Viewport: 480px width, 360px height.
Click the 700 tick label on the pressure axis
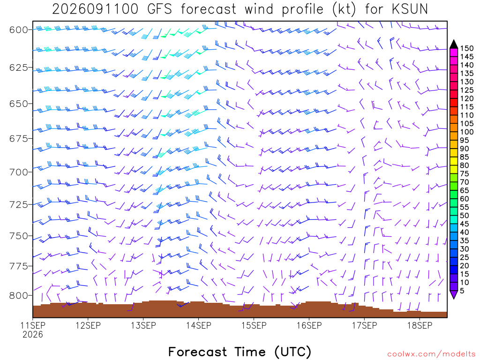18,172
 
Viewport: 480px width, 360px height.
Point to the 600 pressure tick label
18,30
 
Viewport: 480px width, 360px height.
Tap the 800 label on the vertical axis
18,296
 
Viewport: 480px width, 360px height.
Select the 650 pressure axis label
18,104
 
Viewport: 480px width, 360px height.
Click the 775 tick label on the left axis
18,266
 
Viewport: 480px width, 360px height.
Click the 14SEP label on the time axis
199,325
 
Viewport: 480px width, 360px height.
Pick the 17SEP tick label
365,325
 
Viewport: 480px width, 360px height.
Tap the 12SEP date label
88,325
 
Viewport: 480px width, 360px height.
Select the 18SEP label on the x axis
420,325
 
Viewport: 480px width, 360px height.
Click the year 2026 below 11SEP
33,335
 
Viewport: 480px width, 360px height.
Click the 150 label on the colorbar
466,48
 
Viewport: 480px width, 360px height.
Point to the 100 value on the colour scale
466,132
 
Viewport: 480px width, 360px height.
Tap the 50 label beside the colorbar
465,216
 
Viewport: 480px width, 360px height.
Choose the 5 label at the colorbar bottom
462,291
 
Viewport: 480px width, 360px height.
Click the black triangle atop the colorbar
454,45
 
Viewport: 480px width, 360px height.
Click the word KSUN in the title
410,9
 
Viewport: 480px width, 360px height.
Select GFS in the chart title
159,9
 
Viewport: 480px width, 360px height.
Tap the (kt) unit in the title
345,9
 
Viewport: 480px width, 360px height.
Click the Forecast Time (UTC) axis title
240,352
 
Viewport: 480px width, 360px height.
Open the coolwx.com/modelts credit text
431,354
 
